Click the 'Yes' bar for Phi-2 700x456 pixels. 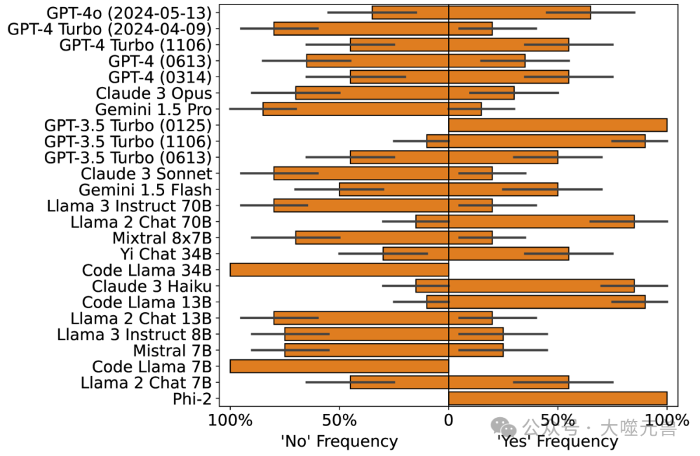click(x=557, y=398)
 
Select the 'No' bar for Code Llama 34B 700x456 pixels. click(x=339, y=270)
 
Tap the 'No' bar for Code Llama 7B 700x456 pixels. click(x=339, y=366)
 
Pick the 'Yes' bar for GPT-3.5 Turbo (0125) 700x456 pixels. click(x=557, y=125)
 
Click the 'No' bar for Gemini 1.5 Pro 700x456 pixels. click(x=355, y=109)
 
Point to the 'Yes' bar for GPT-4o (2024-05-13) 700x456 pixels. click(x=519, y=12)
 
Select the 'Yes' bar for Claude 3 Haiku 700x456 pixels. click(x=541, y=286)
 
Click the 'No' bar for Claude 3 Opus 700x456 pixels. click(x=372, y=93)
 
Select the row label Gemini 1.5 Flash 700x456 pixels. click(x=145, y=189)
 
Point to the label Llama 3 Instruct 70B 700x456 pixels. click(x=129, y=206)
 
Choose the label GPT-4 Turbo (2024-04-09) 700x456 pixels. click(x=109, y=29)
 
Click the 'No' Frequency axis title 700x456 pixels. click(x=339, y=442)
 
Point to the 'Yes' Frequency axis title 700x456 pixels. click(x=557, y=442)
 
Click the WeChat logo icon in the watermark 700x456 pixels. click(x=504, y=427)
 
